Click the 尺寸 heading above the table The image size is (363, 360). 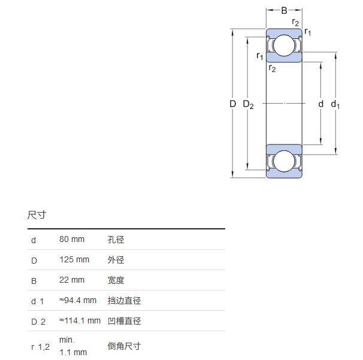[37, 215]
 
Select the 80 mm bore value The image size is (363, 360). [72, 240]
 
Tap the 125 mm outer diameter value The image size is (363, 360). [74, 260]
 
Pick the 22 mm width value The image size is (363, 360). [72, 280]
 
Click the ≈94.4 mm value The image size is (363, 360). [78, 301]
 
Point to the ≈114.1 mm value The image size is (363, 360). [80, 321]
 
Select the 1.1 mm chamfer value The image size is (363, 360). [73, 352]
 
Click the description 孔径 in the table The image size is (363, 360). [116, 240]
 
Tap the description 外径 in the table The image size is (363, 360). [116, 260]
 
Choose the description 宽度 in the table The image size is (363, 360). [116, 280]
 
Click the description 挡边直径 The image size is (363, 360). [124, 301]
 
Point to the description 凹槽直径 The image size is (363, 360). [124, 321]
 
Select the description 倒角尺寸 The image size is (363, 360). [124, 346]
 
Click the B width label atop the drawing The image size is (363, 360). [285, 10]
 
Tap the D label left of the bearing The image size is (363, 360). [233, 104]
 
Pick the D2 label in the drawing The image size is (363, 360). [248, 105]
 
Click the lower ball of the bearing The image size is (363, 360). [285, 161]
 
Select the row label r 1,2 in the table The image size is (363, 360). [40, 347]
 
